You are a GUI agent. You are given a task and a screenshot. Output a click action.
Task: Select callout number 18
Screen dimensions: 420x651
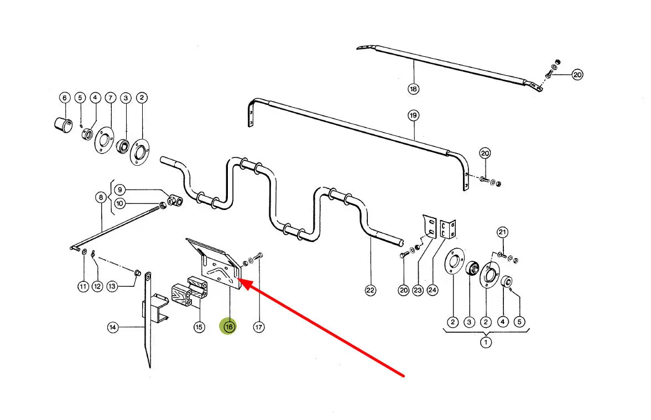414,88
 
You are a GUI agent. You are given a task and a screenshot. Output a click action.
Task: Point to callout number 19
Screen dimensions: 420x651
414,116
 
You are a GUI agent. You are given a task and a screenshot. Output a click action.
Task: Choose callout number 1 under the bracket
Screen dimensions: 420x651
486,343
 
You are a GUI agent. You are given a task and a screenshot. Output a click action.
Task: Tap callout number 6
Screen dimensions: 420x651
64,98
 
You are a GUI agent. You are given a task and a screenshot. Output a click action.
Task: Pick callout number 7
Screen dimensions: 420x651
111,98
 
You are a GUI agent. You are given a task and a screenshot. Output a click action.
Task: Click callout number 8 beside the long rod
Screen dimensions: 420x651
101,197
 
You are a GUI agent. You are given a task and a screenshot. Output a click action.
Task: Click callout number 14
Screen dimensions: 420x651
113,328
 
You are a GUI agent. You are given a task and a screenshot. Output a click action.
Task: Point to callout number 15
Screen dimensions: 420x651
199,327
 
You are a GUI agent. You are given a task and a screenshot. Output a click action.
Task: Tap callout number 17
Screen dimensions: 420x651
259,327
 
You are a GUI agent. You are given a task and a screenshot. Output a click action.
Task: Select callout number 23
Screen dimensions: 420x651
418,290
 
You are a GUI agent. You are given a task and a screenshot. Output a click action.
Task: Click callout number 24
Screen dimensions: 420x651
433,290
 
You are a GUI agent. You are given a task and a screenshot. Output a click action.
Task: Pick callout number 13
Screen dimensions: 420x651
112,286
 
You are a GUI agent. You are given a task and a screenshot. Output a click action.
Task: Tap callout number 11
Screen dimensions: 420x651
83,286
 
